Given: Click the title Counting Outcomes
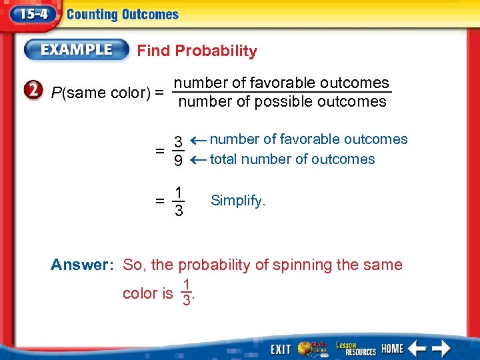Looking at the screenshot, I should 123,15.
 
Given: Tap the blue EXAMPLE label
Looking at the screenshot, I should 77,50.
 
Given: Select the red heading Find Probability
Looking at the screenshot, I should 197,51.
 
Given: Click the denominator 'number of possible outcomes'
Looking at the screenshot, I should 282,102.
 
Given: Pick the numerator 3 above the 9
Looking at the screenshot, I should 179,142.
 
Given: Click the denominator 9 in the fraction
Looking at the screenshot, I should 179,161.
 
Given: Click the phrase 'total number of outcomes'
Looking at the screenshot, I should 292,159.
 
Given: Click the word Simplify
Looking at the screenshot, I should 238,200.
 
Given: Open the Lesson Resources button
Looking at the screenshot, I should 355,348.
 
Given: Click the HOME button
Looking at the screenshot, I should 392,349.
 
